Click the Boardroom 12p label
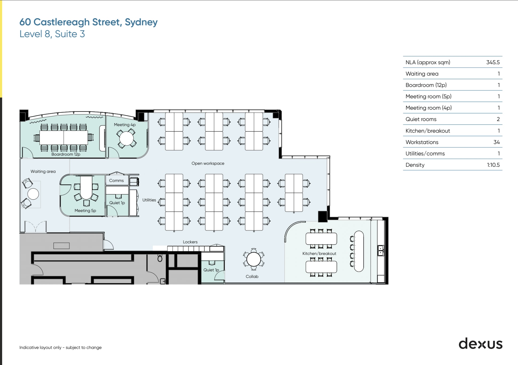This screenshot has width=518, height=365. pos(66,154)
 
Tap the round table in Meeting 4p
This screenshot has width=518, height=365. pos(126,138)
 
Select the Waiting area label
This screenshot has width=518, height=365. pos(43,171)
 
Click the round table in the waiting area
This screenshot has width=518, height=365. pos(33,194)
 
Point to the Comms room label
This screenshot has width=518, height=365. pos(116,180)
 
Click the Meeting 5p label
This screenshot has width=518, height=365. pos(85,211)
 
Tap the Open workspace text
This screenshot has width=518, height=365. pos(208,163)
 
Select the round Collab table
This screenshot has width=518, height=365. pos(253,259)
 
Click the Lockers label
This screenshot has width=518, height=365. pos(190,242)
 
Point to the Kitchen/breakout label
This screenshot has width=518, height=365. pos(319,253)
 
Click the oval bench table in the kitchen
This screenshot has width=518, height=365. pos(359,251)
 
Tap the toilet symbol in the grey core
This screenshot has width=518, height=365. pos(160,258)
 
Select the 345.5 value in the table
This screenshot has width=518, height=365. pos(493,62)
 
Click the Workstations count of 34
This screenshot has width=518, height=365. pos(496,142)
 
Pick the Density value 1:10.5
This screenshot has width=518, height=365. pos(493,165)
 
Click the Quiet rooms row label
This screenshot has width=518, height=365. pos(421,119)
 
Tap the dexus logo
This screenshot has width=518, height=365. pos(480,344)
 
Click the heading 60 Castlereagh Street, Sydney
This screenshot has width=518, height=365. pos(88,22)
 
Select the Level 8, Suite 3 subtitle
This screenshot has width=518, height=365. pos(52,34)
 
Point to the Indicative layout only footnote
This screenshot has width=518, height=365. pos(60,347)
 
